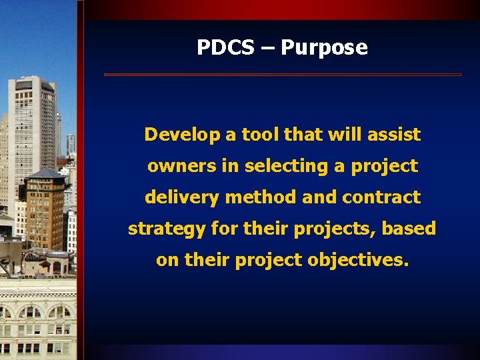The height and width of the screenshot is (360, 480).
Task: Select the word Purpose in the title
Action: (x=324, y=48)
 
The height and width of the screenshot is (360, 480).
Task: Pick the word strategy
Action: (x=167, y=229)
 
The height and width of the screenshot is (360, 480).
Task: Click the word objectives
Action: (x=358, y=260)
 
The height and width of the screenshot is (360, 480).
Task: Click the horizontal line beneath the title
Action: (x=282, y=75)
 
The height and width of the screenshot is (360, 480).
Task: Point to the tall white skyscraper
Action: (x=32, y=127)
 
